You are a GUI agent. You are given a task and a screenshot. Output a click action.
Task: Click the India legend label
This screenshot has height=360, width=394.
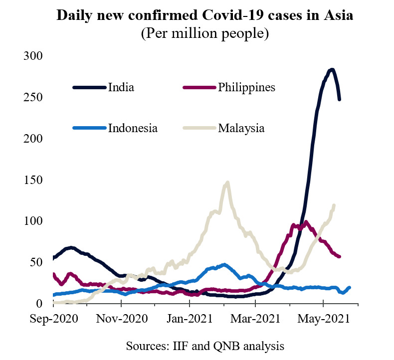121,87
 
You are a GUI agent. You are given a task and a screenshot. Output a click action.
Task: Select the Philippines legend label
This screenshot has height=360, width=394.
246,88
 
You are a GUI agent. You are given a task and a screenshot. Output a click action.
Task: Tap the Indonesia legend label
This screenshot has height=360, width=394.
133,128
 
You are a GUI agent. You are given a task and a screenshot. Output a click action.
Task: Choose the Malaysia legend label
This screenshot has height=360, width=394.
241,129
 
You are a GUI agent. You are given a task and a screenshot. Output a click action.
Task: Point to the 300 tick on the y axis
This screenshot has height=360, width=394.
33,56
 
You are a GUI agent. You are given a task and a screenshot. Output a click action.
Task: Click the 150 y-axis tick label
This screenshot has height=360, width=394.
33,180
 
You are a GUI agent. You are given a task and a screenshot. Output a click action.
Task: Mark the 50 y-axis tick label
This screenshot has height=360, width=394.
36,262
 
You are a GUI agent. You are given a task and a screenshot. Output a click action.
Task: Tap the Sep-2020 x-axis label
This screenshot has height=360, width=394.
54,319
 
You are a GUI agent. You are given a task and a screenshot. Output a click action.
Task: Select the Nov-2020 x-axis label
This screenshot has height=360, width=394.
122,319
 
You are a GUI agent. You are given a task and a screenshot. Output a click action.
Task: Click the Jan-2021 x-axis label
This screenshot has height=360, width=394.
190,319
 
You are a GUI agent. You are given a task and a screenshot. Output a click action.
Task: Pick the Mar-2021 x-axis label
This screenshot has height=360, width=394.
255,319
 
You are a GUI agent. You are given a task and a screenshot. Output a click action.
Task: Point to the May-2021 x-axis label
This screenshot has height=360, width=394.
324,319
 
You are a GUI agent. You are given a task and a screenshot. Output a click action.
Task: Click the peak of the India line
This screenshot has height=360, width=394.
332,70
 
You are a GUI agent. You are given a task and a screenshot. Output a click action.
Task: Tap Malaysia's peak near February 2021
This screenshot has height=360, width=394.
227,182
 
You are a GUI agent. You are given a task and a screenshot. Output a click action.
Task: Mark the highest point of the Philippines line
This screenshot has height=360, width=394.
306,222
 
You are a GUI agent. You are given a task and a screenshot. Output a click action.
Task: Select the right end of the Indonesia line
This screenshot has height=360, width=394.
350,288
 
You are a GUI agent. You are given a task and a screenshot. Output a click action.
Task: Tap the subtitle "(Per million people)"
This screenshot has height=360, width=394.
205,34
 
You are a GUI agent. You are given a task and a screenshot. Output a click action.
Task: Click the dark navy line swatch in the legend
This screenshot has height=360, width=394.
89,87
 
